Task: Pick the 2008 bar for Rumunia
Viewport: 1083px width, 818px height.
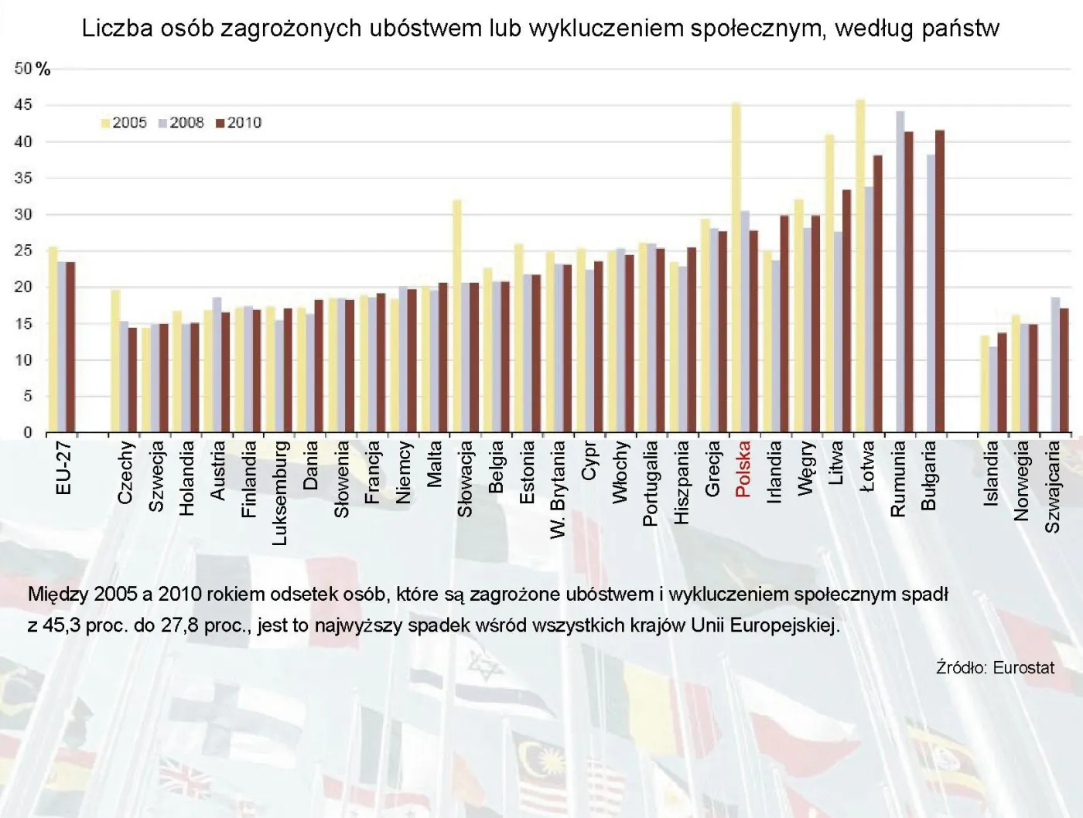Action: [x=900, y=271]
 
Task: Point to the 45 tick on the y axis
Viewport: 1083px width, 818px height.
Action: [x=23, y=104]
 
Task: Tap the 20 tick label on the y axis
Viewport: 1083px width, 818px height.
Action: [x=23, y=287]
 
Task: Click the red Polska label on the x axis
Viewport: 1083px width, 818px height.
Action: [x=743, y=469]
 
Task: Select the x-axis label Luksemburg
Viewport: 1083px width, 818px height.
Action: [x=280, y=493]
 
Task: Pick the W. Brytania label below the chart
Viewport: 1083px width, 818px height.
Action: [x=558, y=489]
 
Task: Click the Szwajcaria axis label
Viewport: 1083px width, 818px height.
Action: [x=1052, y=486]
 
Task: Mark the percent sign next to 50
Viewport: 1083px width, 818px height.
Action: [x=43, y=70]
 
